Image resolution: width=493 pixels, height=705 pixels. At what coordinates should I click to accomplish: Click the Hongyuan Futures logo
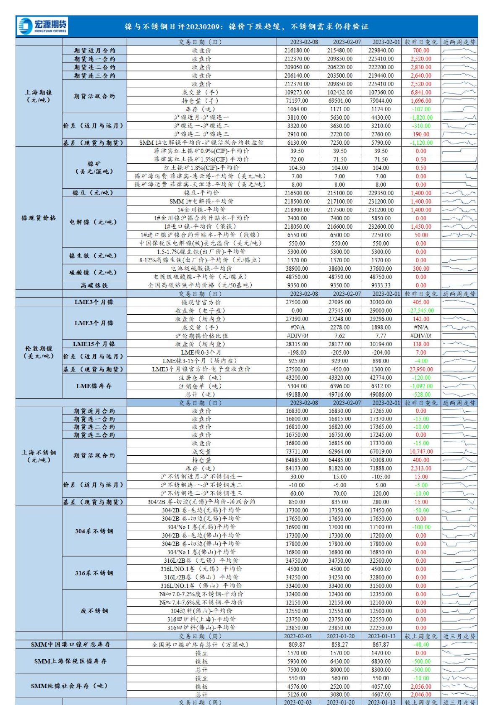42,26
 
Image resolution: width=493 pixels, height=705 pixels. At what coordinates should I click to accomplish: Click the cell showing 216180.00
297,50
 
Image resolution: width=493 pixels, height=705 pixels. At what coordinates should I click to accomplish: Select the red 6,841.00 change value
421,92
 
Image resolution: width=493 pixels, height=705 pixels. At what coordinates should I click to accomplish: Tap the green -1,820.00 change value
421,117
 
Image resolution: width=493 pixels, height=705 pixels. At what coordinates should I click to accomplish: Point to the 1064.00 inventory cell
297,109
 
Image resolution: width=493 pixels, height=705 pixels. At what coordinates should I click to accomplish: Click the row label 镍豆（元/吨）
93,193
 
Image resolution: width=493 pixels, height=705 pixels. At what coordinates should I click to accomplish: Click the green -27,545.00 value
421,311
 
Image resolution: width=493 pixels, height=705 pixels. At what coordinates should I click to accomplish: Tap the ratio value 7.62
339,336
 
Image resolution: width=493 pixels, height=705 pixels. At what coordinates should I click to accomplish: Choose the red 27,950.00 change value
421,369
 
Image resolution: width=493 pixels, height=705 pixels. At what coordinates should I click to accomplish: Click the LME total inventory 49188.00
297,394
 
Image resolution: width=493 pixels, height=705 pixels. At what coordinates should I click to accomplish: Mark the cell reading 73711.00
297,452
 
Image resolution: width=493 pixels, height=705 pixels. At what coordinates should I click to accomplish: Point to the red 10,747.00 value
421,452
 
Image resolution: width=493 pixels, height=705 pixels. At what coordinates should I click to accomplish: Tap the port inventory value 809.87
297,645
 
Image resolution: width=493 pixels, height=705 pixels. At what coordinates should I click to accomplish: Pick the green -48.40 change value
421,645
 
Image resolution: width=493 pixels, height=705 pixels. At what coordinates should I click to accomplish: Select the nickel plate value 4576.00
297,687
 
